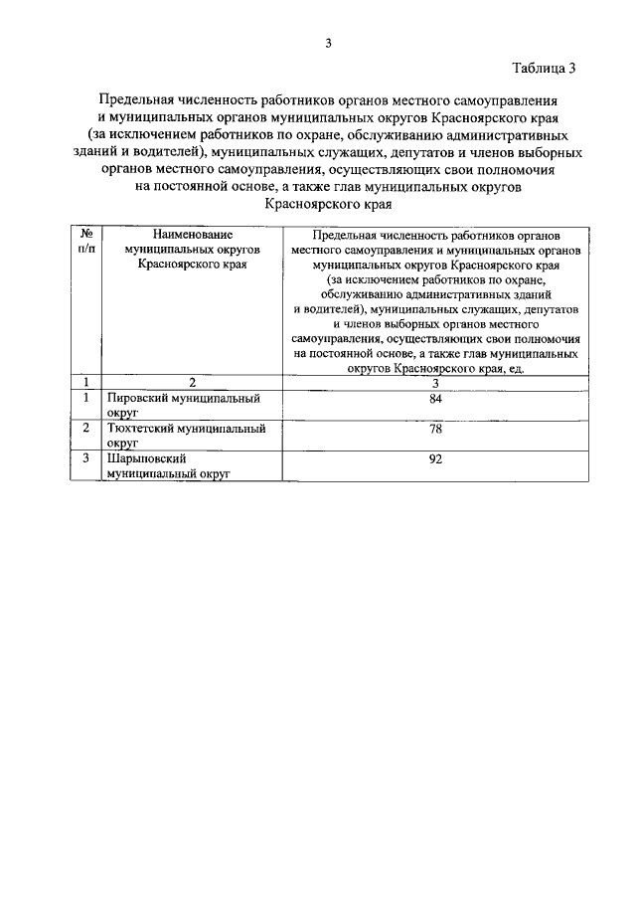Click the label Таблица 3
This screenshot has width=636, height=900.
pyautogui.click(x=544, y=69)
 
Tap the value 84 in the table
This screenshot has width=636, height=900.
pyautogui.click(x=435, y=399)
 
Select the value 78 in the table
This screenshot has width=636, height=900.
pyautogui.click(x=435, y=429)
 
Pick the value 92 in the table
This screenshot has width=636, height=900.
pyautogui.click(x=435, y=458)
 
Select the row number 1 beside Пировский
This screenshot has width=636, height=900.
pyautogui.click(x=86, y=399)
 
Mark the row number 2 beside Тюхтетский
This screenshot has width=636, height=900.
pyautogui.click(x=86, y=429)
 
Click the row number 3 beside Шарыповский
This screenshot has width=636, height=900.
pyautogui.click(x=86, y=458)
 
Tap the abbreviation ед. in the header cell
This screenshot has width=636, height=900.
pyautogui.click(x=515, y=368)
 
